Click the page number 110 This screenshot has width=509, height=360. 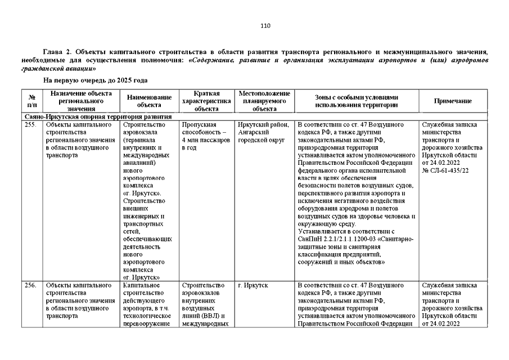tap(265, 25)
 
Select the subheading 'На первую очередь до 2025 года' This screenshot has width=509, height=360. tap(96, 80)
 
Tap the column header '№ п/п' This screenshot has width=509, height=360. tap(31, 101)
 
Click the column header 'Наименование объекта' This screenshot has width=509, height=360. tap(149, 101)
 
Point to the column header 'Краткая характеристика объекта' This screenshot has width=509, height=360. tap(206, 101)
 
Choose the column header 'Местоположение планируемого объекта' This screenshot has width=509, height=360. tap(264, 101)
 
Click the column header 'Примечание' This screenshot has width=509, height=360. tap(452, 101)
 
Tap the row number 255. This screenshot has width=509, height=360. tap(31, 124)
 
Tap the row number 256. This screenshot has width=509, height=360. tap(31, 285)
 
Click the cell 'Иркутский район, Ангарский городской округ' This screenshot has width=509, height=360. tap(264, 132)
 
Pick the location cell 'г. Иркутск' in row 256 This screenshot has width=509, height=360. tap(253, 285)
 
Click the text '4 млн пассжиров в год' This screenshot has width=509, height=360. tap(206, 143)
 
